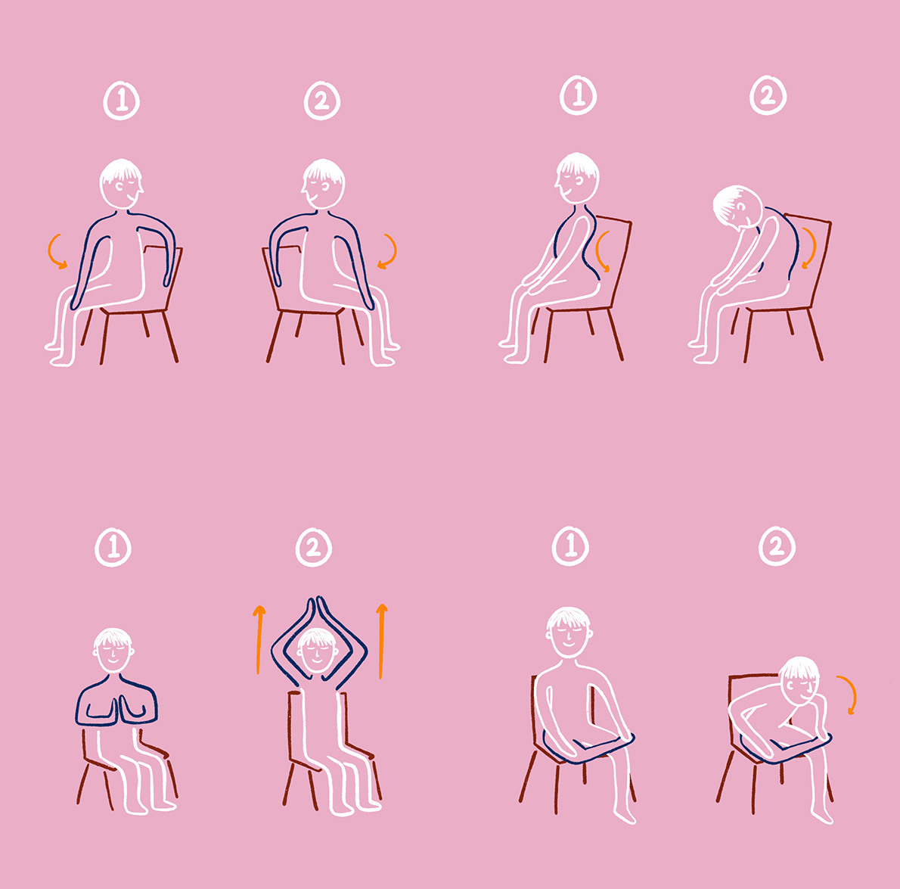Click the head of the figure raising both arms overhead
pyautogui.click(x=318, y=651)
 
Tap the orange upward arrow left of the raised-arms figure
pyautogui.click(x=259, y=639)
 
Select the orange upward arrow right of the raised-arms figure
pyautogui.click(x=382, y=640)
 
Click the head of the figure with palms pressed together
pyautogui.click(x=113, y=651)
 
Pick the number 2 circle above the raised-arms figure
pyautogui.click(x=313, y=547)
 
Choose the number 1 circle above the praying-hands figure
pyautogui.click(x=113, y=547)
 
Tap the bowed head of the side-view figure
pyautogui.click(x=738, y=206)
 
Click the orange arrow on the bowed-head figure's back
pyautogui.click(x=810, y=248)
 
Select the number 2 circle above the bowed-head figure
pyautogui.click(x=768, y=95)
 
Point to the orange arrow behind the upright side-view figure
pyautogui.click(x=601, y=252)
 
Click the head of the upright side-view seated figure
pyautogui.click(x=577, y=178)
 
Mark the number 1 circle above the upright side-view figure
pyautogui.click(x=578, y=95)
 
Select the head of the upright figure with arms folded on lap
pyautogui.click(x=568, y=633)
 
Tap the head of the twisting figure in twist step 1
pyautogui.click(x=121, y=184)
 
